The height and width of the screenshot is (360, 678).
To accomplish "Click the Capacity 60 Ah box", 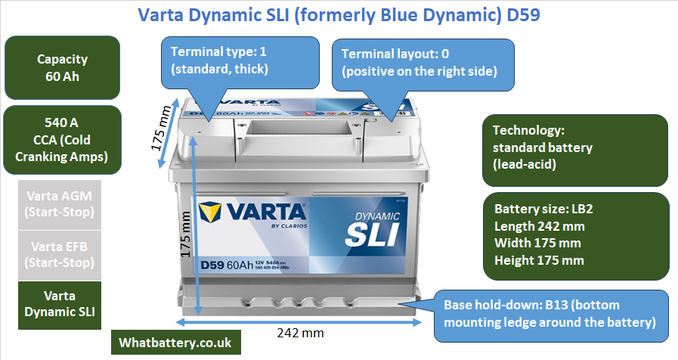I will coord(62,67).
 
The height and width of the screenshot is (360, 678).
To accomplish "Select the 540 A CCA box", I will coord(62,139).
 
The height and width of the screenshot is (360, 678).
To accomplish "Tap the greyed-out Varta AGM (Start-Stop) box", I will coord(62,202).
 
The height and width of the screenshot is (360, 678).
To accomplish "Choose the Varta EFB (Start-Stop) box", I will coord(62,254).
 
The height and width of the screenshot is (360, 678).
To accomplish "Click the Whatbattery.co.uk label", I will coord(175,343).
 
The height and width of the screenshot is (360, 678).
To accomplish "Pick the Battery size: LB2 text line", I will coord(539,209).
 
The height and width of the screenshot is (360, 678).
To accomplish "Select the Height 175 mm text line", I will coord(539,261).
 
